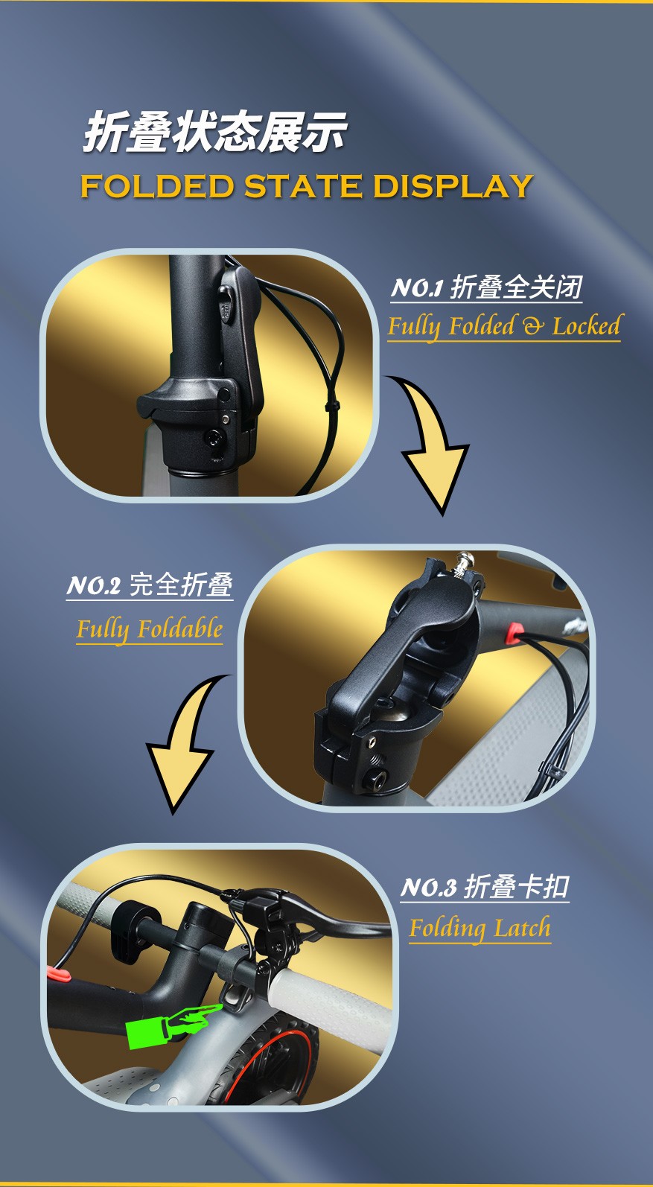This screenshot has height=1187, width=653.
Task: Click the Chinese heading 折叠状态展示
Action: click(x=214, y=131)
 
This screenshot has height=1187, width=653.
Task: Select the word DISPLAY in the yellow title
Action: click(x=453, y=186)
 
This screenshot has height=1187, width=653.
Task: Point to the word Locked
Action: click(x=586, y=325)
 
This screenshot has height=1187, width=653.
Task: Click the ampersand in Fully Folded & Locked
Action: click(x=533, y=326)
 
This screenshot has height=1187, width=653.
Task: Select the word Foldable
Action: click(x=179, y=629)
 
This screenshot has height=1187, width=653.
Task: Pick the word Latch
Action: click(x=522, y=929)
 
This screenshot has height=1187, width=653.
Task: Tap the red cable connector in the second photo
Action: click(x=514, y=633)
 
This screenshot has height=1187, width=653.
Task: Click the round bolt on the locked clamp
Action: click(x=214, y=438)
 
